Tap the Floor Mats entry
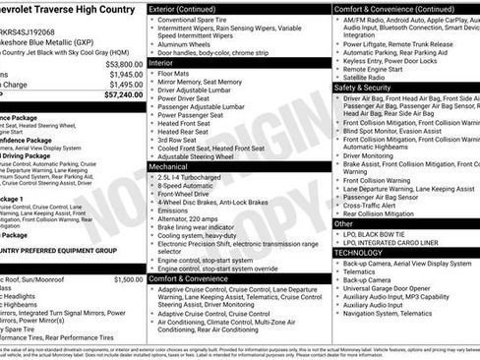(x=178, y=73)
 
